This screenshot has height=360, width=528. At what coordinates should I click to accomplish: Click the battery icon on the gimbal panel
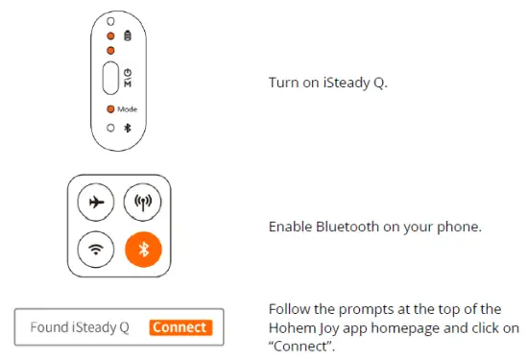(128, 36)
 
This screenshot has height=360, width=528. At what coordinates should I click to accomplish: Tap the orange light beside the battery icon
(110, 36)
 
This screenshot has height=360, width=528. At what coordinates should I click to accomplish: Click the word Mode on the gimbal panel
(128, 109)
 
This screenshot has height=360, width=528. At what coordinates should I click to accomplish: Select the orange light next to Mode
(110, 109)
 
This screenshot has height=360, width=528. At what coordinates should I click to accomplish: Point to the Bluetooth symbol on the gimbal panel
(128, 127)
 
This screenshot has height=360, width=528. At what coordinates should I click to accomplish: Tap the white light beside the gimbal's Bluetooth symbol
(110, 127)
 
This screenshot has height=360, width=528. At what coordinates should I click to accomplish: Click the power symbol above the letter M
(128, 72)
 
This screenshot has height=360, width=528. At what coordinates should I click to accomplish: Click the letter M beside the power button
(128, 84)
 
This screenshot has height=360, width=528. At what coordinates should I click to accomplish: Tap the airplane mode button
(96, 203)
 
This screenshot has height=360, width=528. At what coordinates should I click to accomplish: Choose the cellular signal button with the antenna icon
(144, 203)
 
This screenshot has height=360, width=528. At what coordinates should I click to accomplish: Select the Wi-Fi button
(96, 250)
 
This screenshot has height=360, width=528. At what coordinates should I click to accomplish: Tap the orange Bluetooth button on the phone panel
(144, 250)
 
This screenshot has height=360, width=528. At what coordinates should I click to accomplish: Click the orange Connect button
(180, 327)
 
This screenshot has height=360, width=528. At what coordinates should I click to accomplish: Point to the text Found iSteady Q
(79, 327)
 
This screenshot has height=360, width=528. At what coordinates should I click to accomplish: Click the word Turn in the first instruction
(283, 83)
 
